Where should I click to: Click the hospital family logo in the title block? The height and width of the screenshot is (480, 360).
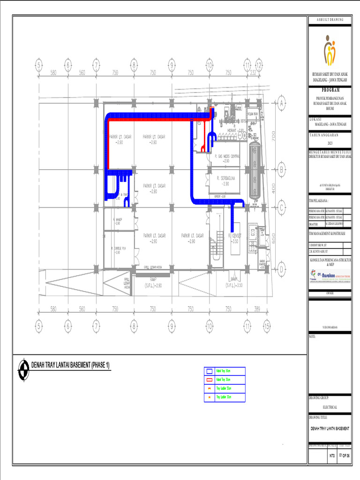330,52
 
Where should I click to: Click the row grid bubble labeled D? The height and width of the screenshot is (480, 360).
282,270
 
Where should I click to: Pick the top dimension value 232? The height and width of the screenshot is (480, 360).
253,73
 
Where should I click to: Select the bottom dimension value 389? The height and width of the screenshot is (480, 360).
256,309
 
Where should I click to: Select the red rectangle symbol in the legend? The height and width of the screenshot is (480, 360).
209,380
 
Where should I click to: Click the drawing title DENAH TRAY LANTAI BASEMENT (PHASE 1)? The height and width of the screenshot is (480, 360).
70,365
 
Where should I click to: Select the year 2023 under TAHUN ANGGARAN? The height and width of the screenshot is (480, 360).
330,142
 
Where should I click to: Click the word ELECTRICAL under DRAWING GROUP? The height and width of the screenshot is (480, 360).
330,407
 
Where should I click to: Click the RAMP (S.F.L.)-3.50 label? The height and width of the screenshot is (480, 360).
233,282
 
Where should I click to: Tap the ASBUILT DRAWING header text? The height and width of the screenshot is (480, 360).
330,20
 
